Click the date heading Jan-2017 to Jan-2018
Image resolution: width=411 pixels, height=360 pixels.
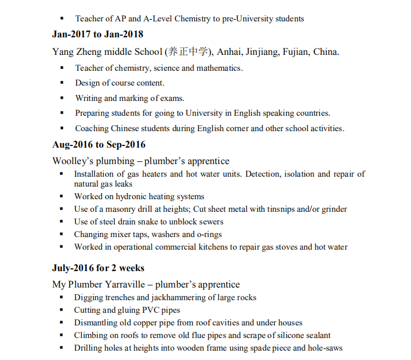tap(98, 34)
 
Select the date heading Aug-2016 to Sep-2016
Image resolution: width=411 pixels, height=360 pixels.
tap(99, 145)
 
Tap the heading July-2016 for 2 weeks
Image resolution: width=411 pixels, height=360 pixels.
tap(98, 268)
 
